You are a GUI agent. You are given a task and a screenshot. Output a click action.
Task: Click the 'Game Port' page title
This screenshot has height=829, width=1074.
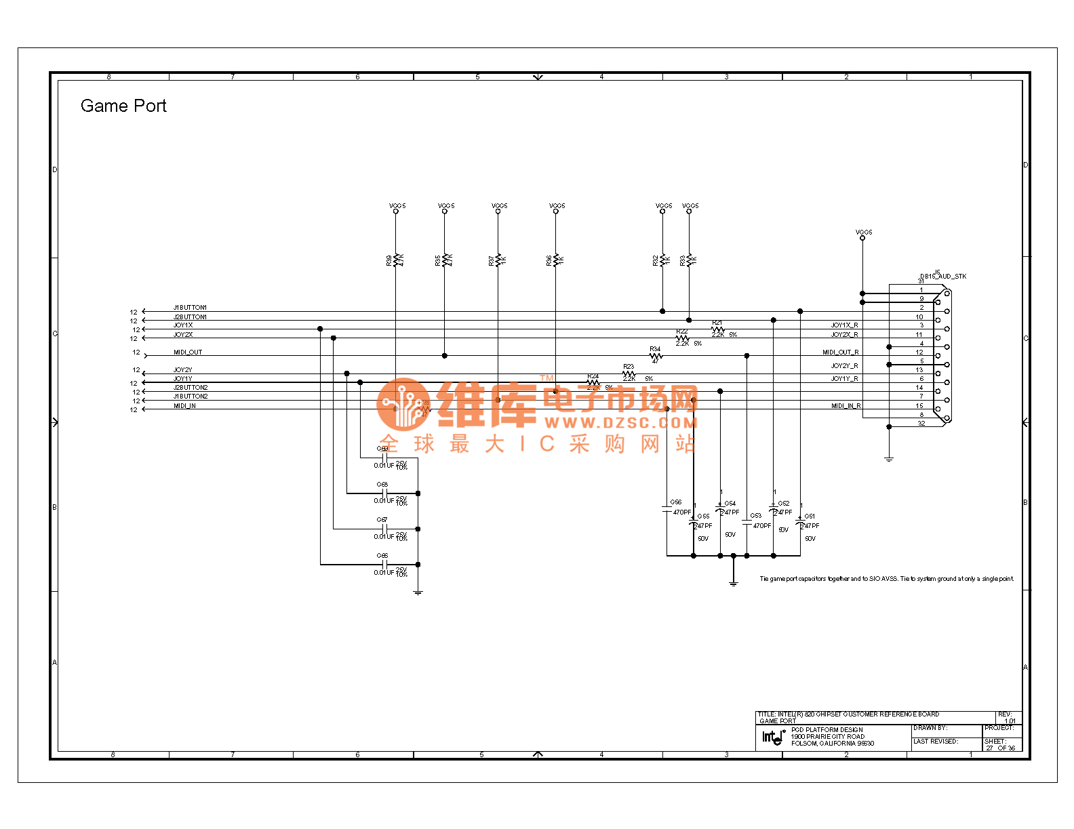tap(123, 106)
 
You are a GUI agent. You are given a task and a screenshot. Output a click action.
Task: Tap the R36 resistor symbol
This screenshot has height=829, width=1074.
tap(555, 260)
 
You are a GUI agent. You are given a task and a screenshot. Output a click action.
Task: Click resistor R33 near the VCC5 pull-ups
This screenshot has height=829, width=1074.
tap(689, 260)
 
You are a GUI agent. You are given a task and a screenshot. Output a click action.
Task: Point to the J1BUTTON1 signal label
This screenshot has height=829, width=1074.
tap(190, 308)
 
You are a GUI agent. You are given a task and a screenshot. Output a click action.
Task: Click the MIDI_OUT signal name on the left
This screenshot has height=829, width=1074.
tap(188, 352)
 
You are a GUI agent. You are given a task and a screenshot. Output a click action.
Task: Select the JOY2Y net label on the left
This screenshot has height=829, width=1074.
tap(183, 370)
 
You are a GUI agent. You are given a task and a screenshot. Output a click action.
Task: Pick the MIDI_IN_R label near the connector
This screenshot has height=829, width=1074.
tap(846, 406)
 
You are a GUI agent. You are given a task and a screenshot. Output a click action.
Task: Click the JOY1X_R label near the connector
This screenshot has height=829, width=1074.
tap(844, 325)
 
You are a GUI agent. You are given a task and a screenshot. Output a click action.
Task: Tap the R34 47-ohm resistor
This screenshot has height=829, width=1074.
tap(655, 355)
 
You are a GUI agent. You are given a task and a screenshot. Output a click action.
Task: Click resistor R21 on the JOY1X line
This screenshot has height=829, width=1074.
tap(717, 329)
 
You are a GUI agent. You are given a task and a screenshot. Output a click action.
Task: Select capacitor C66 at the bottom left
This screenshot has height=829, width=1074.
tap(384, 564)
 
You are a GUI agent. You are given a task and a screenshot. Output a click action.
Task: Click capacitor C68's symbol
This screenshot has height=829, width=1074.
tap(384, 493)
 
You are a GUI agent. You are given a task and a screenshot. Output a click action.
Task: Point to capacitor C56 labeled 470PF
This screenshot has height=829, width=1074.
tap(667, 508)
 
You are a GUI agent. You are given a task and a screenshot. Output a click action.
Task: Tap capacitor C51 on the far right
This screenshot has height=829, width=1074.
tap(800, 522)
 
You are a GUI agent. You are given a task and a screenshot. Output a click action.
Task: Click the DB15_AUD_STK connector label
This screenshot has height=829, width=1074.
tap(943, 277)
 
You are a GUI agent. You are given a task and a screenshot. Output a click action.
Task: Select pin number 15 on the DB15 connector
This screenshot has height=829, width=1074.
tap(919, 406)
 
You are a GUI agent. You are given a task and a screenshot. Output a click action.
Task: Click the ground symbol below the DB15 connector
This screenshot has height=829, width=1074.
tap(889, 459)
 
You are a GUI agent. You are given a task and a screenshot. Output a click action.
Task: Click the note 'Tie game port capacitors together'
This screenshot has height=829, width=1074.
tap(886, 579)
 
